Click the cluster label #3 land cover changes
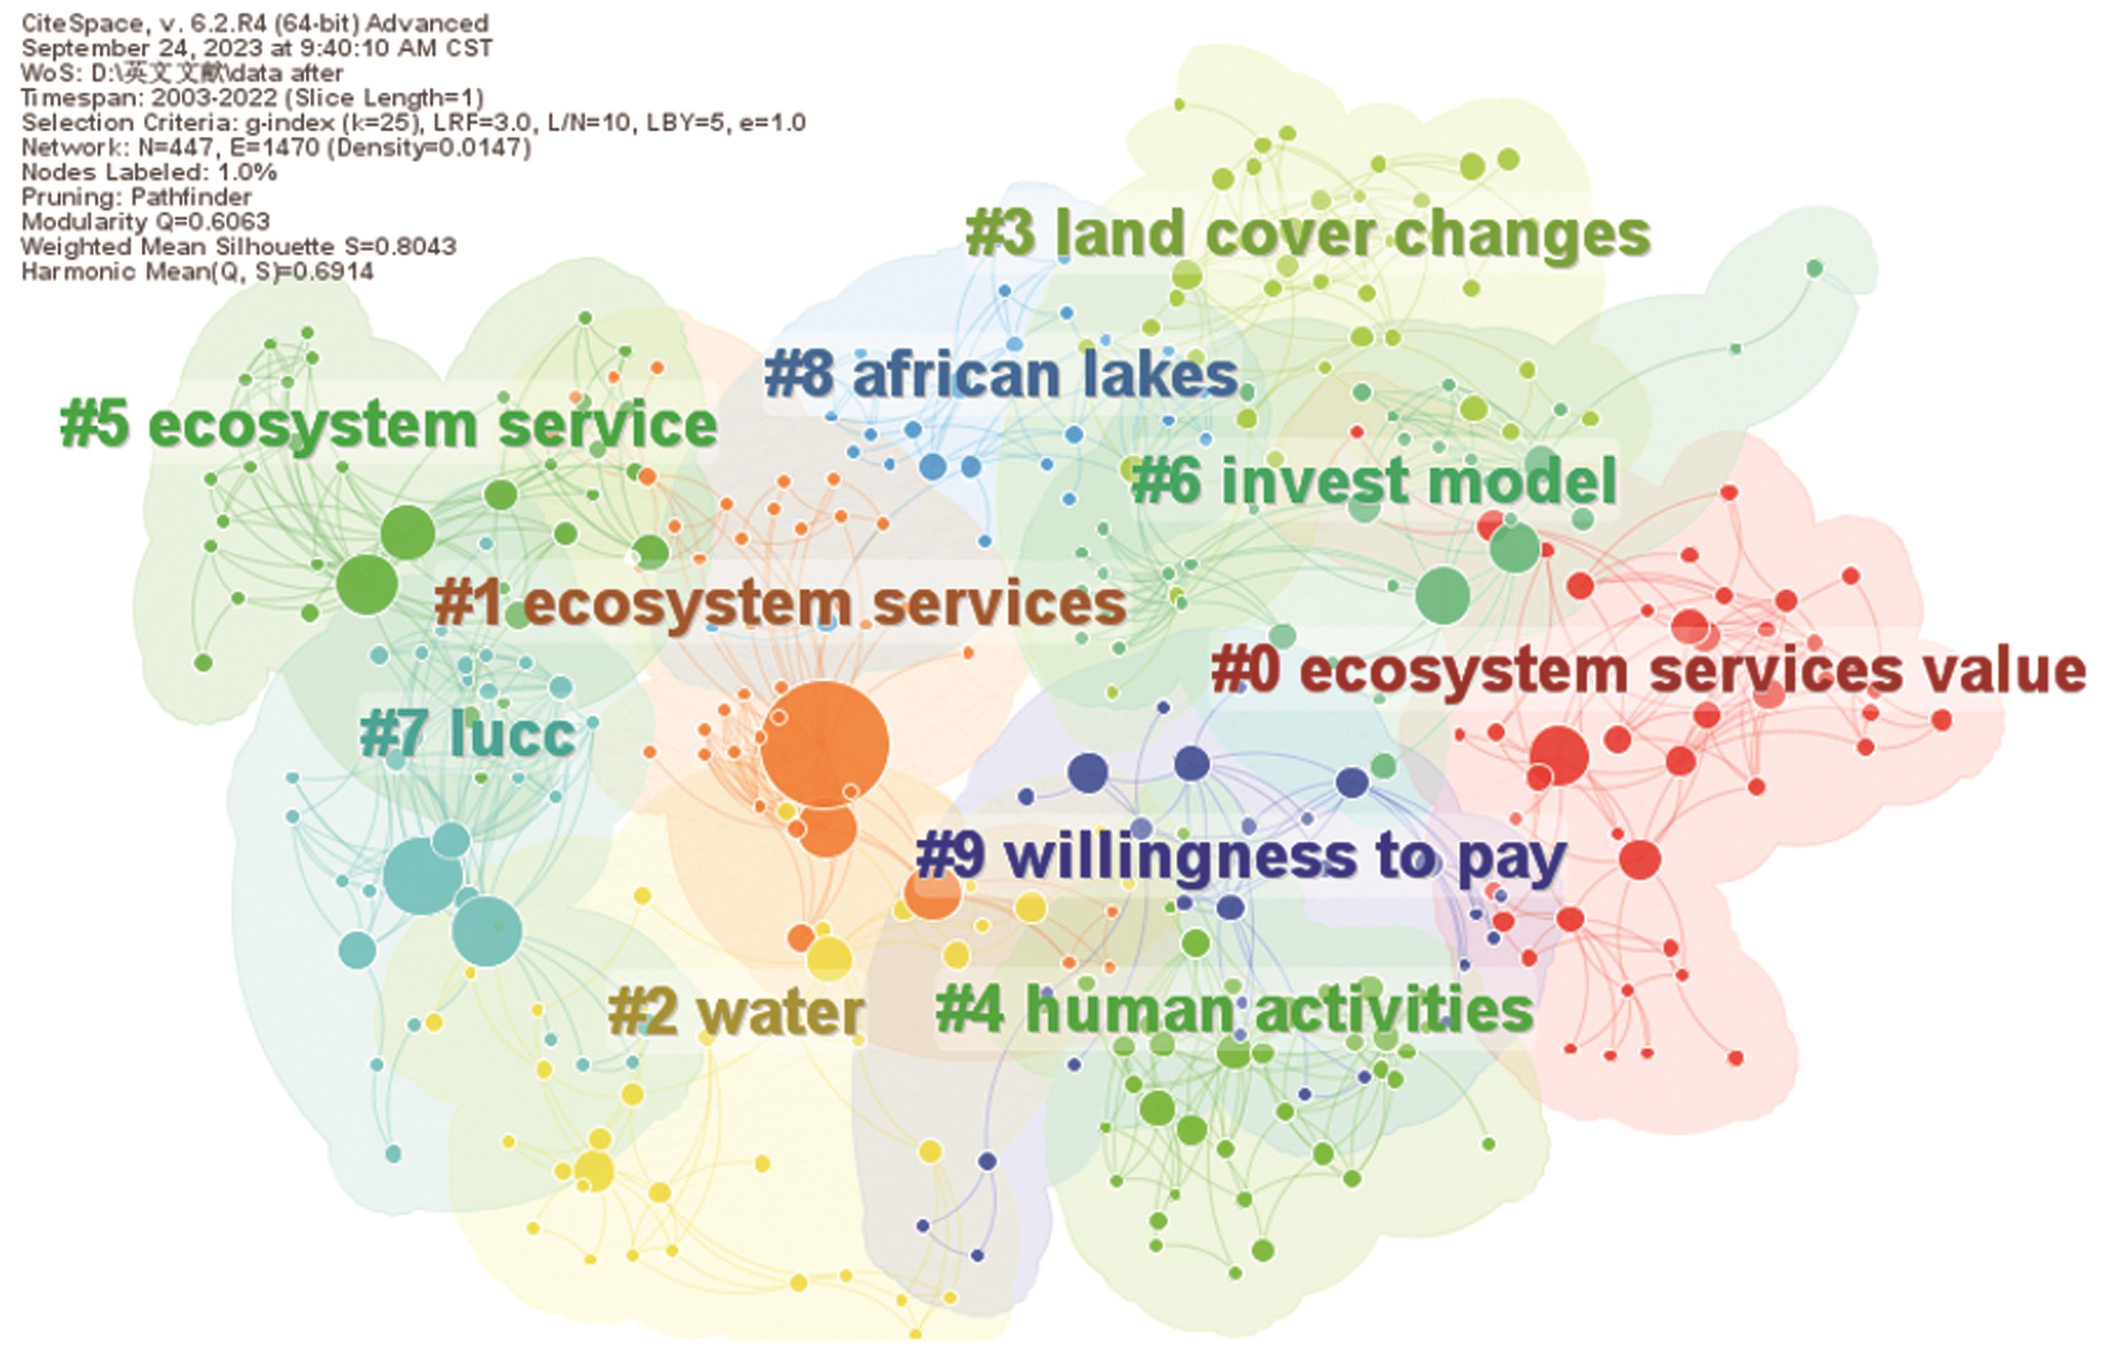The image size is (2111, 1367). pos(1307,234)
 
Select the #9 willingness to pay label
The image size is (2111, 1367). pos(1241,858)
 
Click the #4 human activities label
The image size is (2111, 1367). pos(1235,1010)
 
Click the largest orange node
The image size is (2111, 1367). pos(825,744)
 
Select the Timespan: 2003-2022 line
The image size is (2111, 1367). pos(253,98)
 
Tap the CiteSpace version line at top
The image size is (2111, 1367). pos(255,23)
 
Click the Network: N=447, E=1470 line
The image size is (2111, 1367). pos(277,148)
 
